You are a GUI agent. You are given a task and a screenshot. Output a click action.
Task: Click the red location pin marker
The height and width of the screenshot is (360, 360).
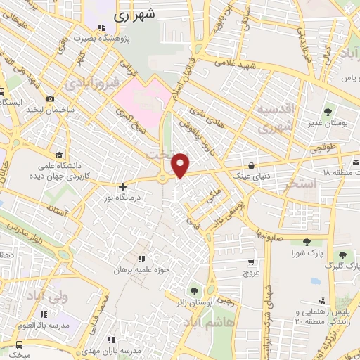(181, 165)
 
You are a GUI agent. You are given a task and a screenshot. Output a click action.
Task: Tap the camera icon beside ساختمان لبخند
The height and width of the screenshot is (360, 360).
(50, 99)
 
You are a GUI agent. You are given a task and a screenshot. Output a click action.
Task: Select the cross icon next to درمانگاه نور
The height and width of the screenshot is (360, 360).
(123, 187)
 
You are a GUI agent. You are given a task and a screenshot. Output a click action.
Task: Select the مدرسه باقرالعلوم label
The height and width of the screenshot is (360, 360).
(46, 326)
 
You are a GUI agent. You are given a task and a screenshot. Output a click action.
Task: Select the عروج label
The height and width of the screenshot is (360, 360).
(251, 271)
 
